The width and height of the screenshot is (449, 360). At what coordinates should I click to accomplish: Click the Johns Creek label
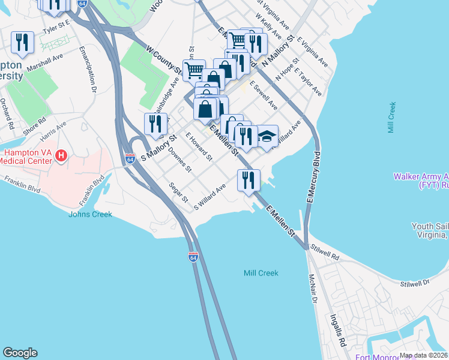tap(90, 214)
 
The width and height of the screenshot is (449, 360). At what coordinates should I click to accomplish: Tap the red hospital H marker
tap(61, 157)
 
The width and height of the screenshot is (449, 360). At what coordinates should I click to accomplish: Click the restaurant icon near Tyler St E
tap(22, 41)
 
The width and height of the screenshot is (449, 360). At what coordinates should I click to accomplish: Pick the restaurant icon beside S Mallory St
tap(155, 124)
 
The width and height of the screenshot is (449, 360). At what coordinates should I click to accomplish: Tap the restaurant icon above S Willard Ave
tap(248, 180)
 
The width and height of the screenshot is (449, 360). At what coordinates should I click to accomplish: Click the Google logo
tap(20, 353)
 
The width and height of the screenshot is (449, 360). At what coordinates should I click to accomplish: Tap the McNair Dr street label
tap(312, 288)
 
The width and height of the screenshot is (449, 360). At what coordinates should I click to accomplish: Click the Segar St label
tap(178, 193)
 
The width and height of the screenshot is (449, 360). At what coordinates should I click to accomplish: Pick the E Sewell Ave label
tap(264, 95)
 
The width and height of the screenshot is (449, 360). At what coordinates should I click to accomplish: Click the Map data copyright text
tap(423, 355)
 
